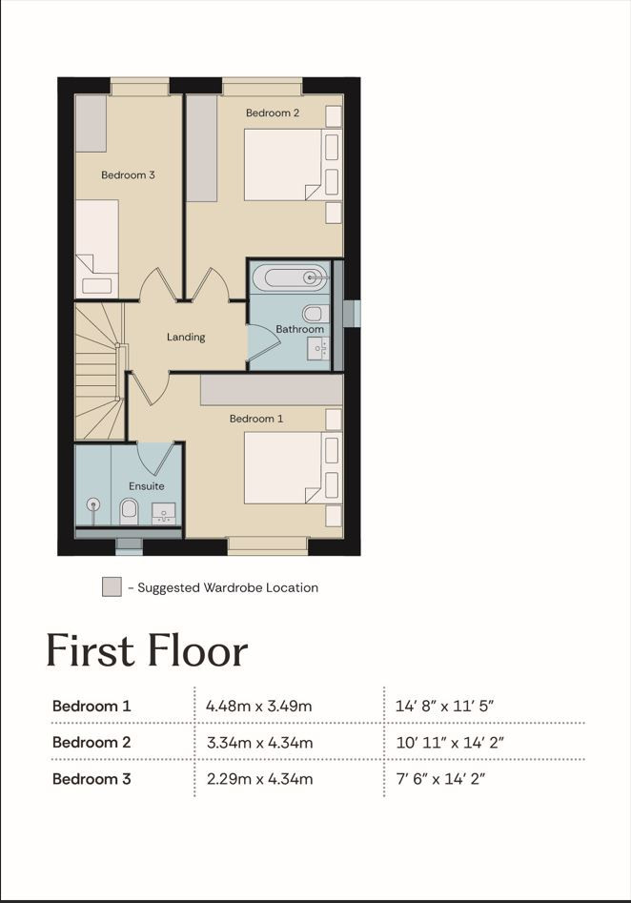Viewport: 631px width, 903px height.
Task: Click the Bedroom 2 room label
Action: [273, 113]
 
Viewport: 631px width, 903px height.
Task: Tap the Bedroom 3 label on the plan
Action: [128, 175]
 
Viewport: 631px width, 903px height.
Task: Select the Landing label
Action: [185, 337]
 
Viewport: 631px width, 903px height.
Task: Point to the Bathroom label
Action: [299, 329]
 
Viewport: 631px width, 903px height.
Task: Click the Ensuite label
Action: [146, 486]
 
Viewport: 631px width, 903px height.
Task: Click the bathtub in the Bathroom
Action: [290, 278]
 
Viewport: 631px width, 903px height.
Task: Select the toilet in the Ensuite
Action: [129, 511]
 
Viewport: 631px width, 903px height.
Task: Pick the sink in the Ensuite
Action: [164, 513]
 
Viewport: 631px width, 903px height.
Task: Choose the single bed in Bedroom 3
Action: [96, 249]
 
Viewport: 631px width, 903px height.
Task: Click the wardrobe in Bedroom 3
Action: [91, 124]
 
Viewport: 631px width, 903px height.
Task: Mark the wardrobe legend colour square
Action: [112, 586]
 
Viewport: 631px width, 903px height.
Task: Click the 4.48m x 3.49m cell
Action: [258, 706]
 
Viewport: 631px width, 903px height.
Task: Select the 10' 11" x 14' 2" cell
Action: [450, 742]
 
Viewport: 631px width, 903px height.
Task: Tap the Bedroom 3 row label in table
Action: [92, 779]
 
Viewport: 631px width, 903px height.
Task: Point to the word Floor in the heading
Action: [197, 651]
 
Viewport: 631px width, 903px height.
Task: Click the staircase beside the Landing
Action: [100, 372]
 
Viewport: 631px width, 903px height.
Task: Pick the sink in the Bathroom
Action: [317, 349]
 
